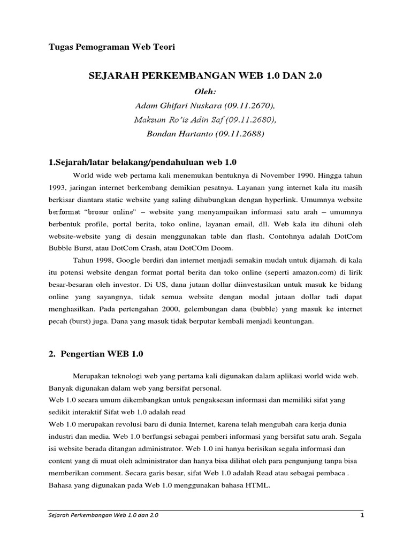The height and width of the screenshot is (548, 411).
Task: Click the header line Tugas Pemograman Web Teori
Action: pyautogui.click(x=112, y=47)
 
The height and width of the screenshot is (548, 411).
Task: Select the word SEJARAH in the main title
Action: pyautogui.click(x=111, y=77)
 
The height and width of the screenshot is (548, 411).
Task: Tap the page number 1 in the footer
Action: pyautogui.click(x=362, y=515)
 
